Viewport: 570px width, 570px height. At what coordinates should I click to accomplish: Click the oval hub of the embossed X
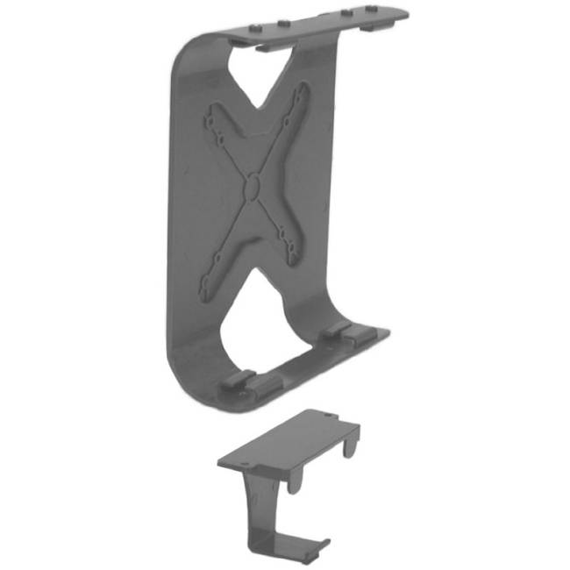[252, 187]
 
